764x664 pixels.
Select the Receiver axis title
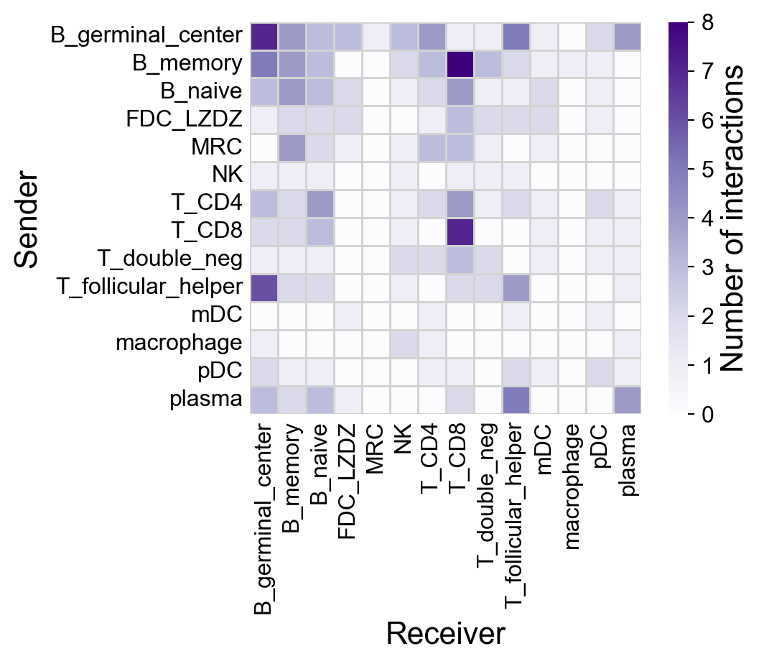point(445,635)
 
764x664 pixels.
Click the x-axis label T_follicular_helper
point(515,510)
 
